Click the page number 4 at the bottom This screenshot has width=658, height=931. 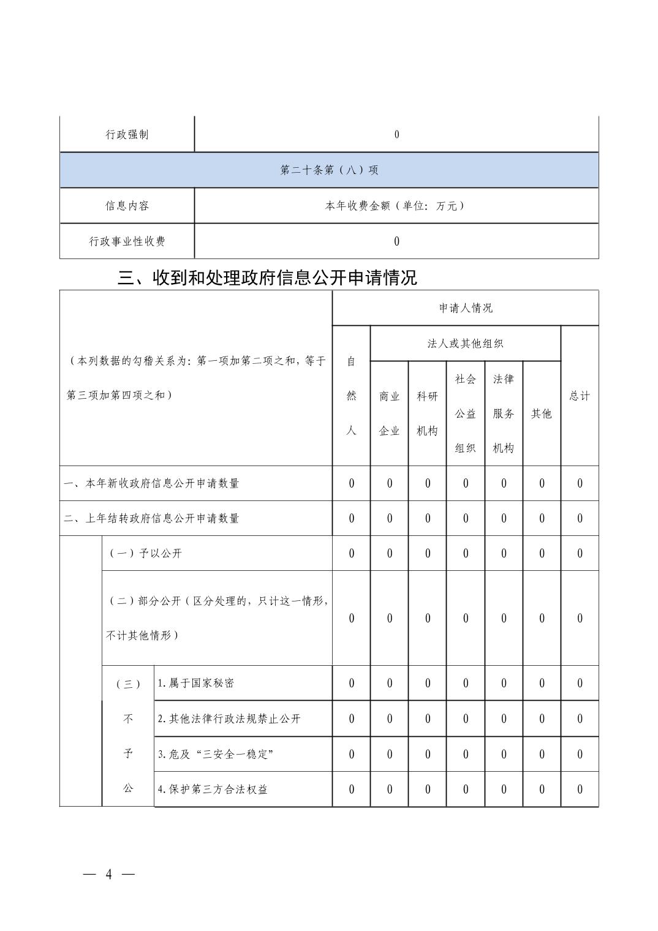[x=109, y=874]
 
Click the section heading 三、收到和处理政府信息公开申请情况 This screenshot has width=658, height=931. [x=267, y=278]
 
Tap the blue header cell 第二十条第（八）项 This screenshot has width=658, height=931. [x=329, y=170]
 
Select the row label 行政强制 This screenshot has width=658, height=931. [x=127, y=135]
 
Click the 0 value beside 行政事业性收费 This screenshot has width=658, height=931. [x=396, y=241]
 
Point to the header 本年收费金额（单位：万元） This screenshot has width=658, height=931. [x=396, y=206]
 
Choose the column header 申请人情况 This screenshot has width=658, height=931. [x=466, y=308]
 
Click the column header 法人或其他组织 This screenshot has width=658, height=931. [x=465, y=344]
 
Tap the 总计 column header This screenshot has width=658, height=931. [x=580, y=396]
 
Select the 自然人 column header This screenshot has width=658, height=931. [x=351, y=396]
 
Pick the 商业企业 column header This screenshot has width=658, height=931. [x=389, y=413]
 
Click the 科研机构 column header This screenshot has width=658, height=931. [x=427, y=413]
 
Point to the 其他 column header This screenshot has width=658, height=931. [x=542, y=413]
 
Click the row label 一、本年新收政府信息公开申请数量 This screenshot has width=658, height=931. [x=151, y=483]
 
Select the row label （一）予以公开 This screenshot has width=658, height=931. [x=145, y=553]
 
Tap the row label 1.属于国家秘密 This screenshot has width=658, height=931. [x=195, y=683]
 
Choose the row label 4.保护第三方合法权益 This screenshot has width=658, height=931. [x=213, y=789]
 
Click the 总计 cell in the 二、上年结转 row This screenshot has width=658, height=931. [x=580, y=518]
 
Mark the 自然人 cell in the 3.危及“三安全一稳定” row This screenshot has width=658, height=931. [x=351, y=754]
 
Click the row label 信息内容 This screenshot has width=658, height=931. [x=127, y=206]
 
